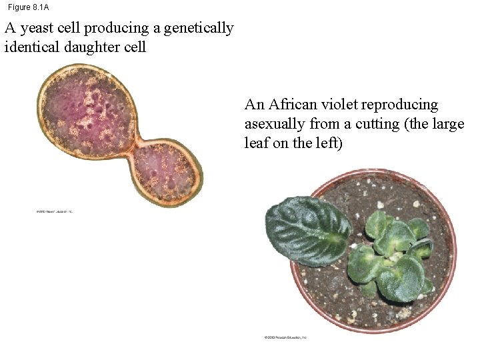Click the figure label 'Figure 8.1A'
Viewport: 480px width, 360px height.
tap(28, 7)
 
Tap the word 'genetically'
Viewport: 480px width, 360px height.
tap(199, 29)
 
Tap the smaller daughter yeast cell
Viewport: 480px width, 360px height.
tap(167, 171)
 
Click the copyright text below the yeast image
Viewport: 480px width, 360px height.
tap(53, 212)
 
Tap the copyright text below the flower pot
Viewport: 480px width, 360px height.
tap(285, 338)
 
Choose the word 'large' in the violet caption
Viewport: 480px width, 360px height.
tap(447, 124)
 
